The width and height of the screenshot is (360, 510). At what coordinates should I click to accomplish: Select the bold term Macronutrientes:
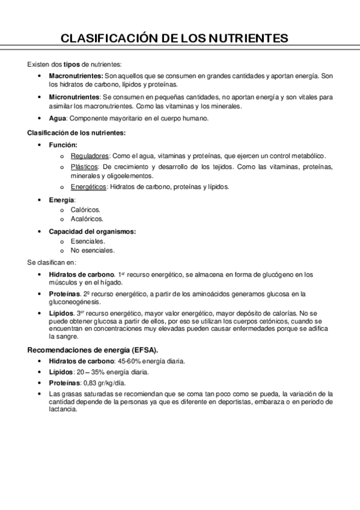[76, 76]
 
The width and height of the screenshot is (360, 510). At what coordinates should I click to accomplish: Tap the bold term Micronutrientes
[74, 96]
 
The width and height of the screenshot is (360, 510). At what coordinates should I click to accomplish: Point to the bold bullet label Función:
[63, 145]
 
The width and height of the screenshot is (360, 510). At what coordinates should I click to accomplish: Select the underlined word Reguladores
[85, 155]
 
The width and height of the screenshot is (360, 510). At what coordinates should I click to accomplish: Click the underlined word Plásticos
[82, 167]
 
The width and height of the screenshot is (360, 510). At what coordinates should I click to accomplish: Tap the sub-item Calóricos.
[85, 210]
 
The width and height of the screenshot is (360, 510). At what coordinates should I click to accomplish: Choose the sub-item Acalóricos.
[87, 219]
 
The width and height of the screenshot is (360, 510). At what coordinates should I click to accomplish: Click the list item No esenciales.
[92, 250]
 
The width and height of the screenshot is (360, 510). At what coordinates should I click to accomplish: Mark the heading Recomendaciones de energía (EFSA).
[93, 349]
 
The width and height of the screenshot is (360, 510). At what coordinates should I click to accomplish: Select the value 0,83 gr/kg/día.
[102, 382]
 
